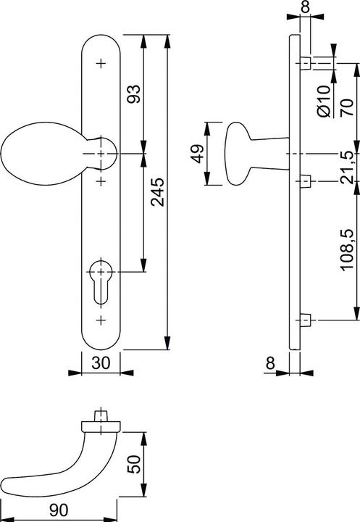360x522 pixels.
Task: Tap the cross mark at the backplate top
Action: [x=101, y=65]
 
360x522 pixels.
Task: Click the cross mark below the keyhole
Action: [x=101, y=320]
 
